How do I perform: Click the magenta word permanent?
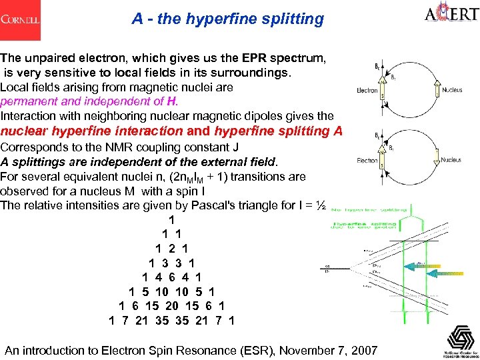pyautogui.click(x=29, y=101)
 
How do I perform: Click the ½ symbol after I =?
pyautogui.click(x=321, y=205)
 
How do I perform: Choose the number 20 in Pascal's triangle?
pyautogui.click(x=172, y=306)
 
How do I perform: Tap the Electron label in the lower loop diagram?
pyautogui.click(x=367, y=161)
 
